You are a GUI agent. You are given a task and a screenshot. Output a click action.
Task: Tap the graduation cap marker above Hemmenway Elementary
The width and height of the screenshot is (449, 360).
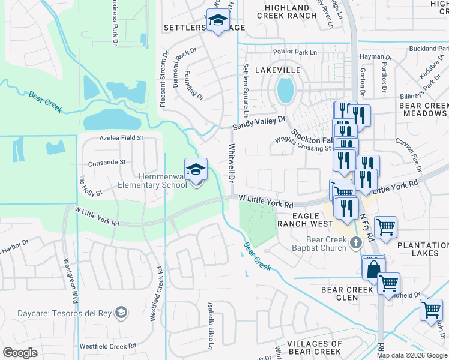196,170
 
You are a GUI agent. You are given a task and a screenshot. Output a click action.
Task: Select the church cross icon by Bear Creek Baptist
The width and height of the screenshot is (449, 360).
356,242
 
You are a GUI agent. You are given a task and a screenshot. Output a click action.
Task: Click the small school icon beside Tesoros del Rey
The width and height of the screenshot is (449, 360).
122,312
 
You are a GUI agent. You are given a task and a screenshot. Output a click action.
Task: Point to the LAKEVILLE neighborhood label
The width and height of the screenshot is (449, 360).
277,70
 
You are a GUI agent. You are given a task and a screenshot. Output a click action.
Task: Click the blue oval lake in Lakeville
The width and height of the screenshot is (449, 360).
285,91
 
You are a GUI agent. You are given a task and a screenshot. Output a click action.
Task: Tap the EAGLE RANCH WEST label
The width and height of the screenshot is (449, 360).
304,219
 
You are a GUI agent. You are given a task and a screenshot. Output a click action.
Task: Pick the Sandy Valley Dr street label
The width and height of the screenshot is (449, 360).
259,124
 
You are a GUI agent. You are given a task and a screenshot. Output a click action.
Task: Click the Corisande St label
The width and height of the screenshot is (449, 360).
106,162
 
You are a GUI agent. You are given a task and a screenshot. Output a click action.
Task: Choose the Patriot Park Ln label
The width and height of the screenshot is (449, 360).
294,53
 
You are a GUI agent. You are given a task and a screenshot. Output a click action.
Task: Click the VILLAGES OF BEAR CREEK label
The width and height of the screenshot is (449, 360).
306,347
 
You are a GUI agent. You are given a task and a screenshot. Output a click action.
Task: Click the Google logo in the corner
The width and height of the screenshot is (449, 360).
20,353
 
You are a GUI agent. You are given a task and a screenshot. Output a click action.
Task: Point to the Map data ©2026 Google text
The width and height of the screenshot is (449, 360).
412,355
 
